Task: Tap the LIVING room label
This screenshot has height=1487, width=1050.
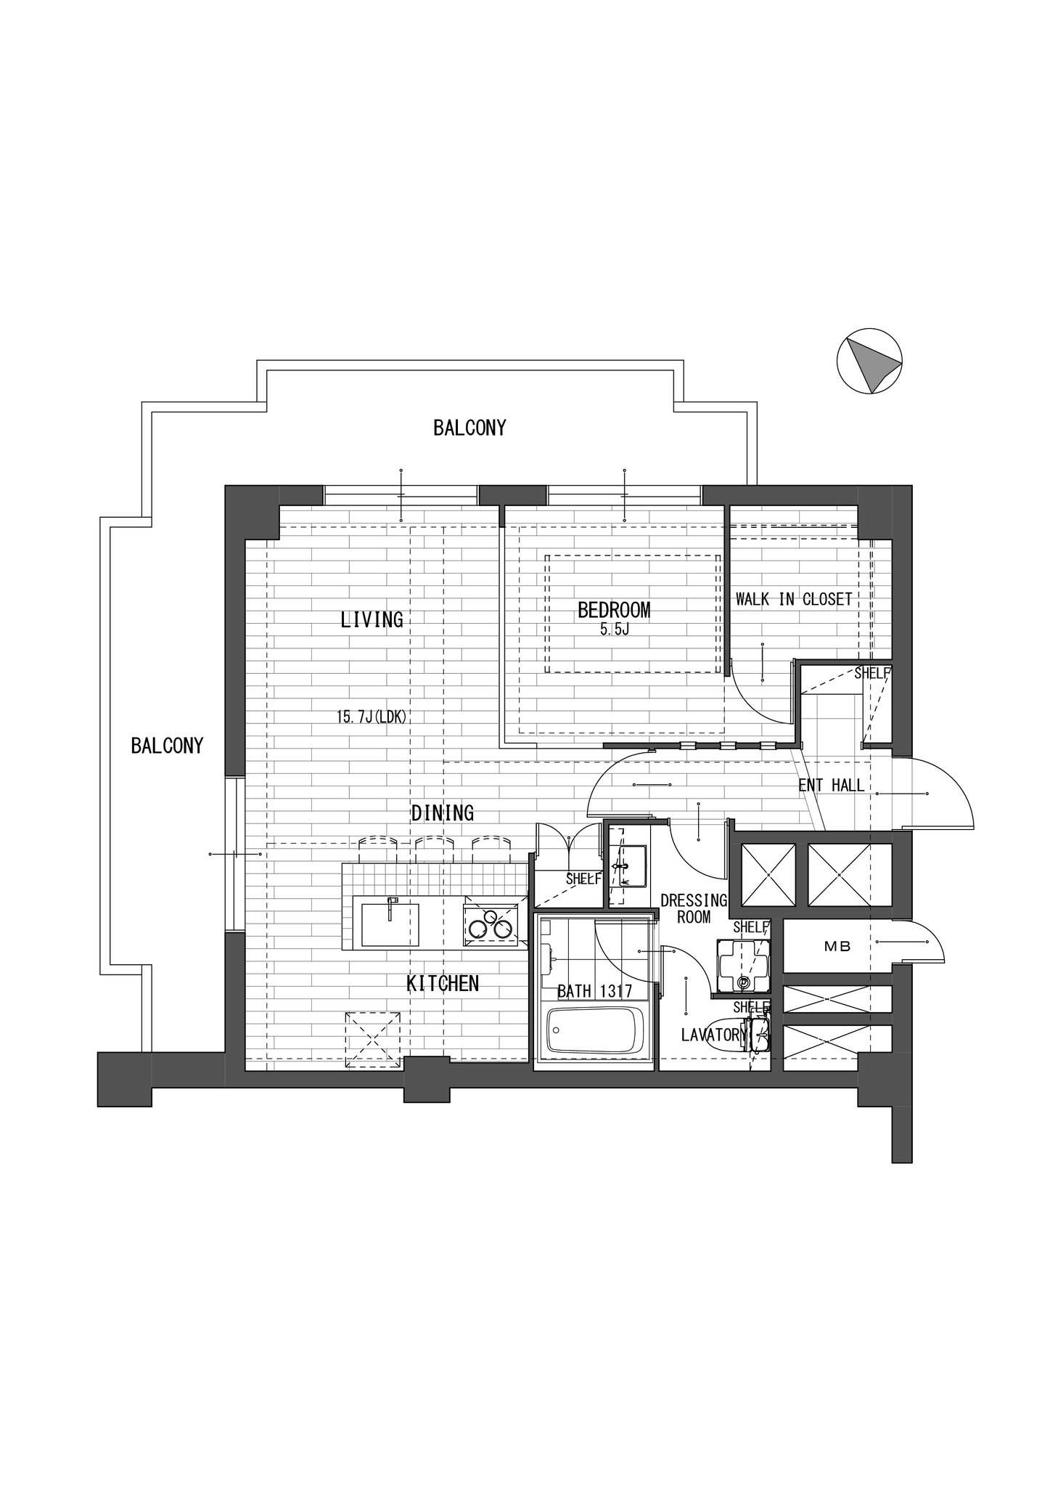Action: pyautogui.click(x=372, y=619)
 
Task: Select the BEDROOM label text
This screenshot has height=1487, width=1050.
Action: pyautogui.click(x=614, y=610)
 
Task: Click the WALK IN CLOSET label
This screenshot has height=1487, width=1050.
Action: pyautogui.click(x=794, y=600)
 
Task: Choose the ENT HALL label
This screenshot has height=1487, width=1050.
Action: pyautogui.click(x=831, y=785)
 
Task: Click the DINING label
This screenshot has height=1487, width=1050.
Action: pyautogui.click(x=443, y=812)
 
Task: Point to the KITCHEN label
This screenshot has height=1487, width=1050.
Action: pyautogui.click(x=443, y=984)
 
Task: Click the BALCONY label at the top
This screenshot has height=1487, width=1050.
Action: pyautogui.click(x=469, y=428)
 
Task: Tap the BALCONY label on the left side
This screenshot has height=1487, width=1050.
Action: pyautogui.click(x=167, y=746)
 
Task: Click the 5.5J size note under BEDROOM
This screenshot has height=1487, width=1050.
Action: pyautogui.click(x=614, y=630)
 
